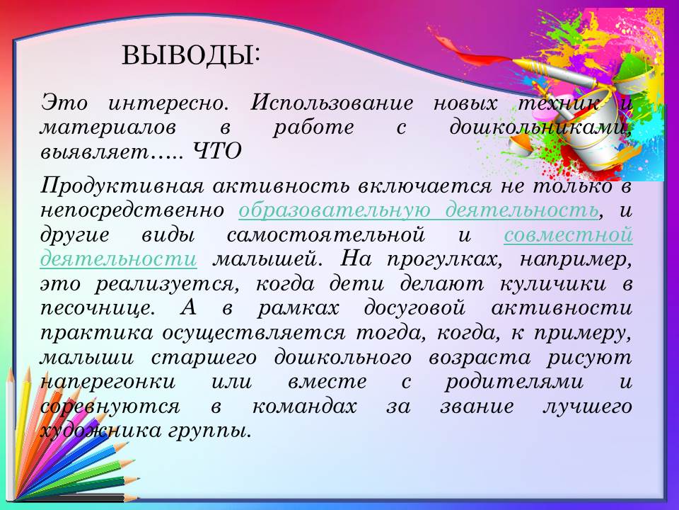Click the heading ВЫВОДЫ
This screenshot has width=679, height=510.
(x=191, y=55)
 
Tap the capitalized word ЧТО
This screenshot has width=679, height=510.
(x=216, y=152)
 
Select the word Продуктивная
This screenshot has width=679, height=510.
(x=122, y=187)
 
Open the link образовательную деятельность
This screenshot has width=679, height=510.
(x=419, y=210)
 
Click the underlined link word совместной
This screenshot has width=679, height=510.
(x=568, y=235)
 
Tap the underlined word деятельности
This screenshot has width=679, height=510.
(x=118, y=259)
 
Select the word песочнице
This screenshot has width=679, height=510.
(x=97, y=309)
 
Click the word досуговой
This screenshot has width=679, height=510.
(x=414, y=309)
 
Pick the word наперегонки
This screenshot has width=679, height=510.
(x=108, y=382)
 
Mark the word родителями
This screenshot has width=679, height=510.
(x=514, y=382)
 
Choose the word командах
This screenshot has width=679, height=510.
(x=304, y=407)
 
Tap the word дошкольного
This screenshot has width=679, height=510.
(x=342, y=358)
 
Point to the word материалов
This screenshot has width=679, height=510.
(x=108, y=128)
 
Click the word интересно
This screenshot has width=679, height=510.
(x=168, y=103)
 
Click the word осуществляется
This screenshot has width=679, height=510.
(x=254, y=334)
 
